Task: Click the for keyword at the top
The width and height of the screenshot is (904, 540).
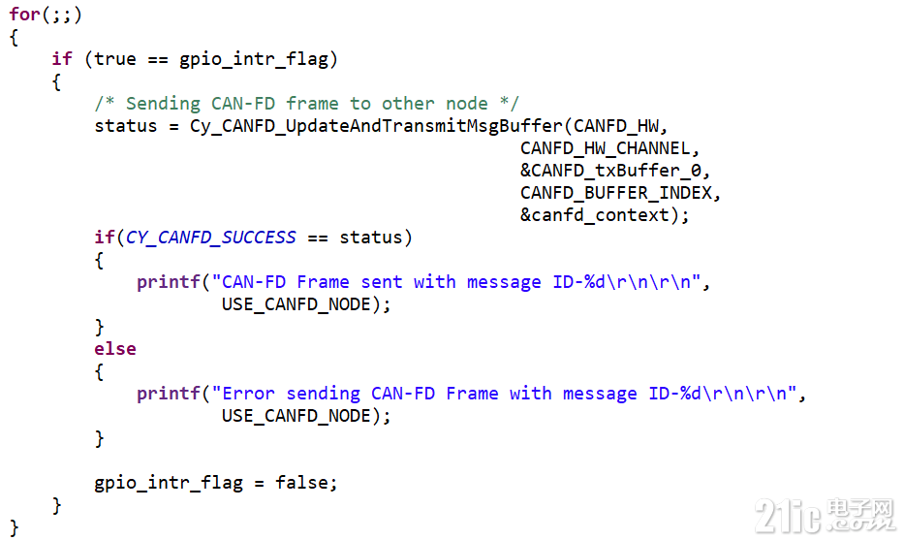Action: [x=24, y=16]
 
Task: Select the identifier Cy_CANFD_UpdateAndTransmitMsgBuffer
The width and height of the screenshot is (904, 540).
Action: [x=376, y=126]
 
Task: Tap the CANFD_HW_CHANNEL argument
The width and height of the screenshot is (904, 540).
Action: [x=608, y=148]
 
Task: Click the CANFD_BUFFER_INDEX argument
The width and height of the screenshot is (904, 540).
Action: [x=619, y=193]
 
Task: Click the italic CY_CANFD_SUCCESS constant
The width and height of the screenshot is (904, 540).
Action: [x=211, y=238]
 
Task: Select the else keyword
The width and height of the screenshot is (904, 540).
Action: [x=115, y=349]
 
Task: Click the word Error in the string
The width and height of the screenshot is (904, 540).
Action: [x=249, y=394]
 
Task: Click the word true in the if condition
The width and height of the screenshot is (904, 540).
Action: [x=115, y=59]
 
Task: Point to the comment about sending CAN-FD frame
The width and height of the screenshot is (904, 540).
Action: [x=306, y=104]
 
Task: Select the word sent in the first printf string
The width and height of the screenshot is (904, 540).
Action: [x=382, y=282]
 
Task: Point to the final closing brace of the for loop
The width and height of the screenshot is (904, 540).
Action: [x=14, y=527]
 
